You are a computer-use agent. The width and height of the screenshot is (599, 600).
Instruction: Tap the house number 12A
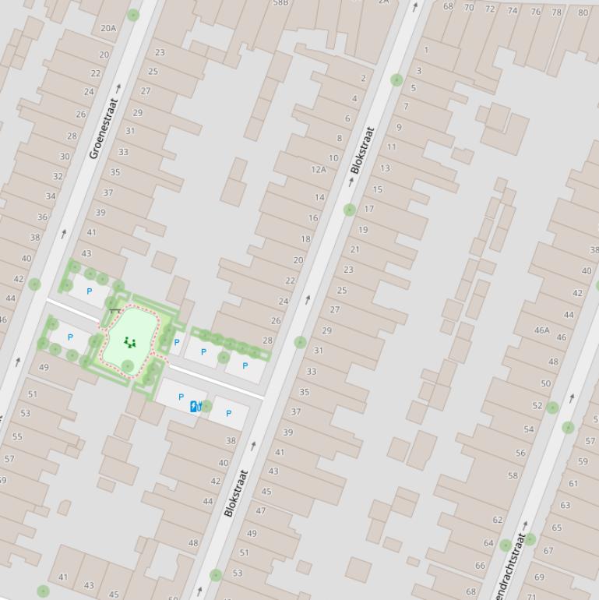pyautogui.click(x=319, y=169)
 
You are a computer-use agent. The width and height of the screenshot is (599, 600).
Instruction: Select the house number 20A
pyautogui.click(x=108, y=29)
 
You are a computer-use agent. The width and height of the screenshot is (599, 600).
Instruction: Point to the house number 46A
pyautogui.click(x=541, y=330)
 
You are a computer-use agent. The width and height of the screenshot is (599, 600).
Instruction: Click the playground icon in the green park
pyautogui.click(x=129, y=342)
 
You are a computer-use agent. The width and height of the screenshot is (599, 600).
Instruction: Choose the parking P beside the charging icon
pyautogui.click(x=181, y=397)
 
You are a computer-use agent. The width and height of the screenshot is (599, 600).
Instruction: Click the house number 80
pyautogui.click(x=583, y=12)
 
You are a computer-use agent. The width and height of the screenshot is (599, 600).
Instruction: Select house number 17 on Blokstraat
pyautogui.click(x=369, y=209)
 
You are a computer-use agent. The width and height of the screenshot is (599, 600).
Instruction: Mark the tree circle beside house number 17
pyautogui.click(x=350, y=210)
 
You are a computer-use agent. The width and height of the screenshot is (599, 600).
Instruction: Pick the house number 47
pyautogui.click(x=261, y=511)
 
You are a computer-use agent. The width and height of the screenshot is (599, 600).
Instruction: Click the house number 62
pyautogui.click(x=498, y=520)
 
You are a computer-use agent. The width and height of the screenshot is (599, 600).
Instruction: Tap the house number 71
pyautogui.click(x=531, y=596)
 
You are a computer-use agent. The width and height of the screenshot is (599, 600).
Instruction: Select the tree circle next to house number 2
pyautogui.click(x=396, y=79)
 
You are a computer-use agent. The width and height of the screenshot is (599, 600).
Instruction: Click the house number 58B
pyautogui.click(x=280, y=3)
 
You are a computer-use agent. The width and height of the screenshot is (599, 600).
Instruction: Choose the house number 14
pyautogui.click(x=319, y=198)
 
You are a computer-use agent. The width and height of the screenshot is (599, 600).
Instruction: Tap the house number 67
pyautogui.click(x=548, y=551)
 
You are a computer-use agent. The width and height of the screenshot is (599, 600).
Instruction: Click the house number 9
pyautogui.click(x=399, y=128)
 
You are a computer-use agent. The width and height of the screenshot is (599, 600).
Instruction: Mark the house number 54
pyautogui.click(x=529, y=429)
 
